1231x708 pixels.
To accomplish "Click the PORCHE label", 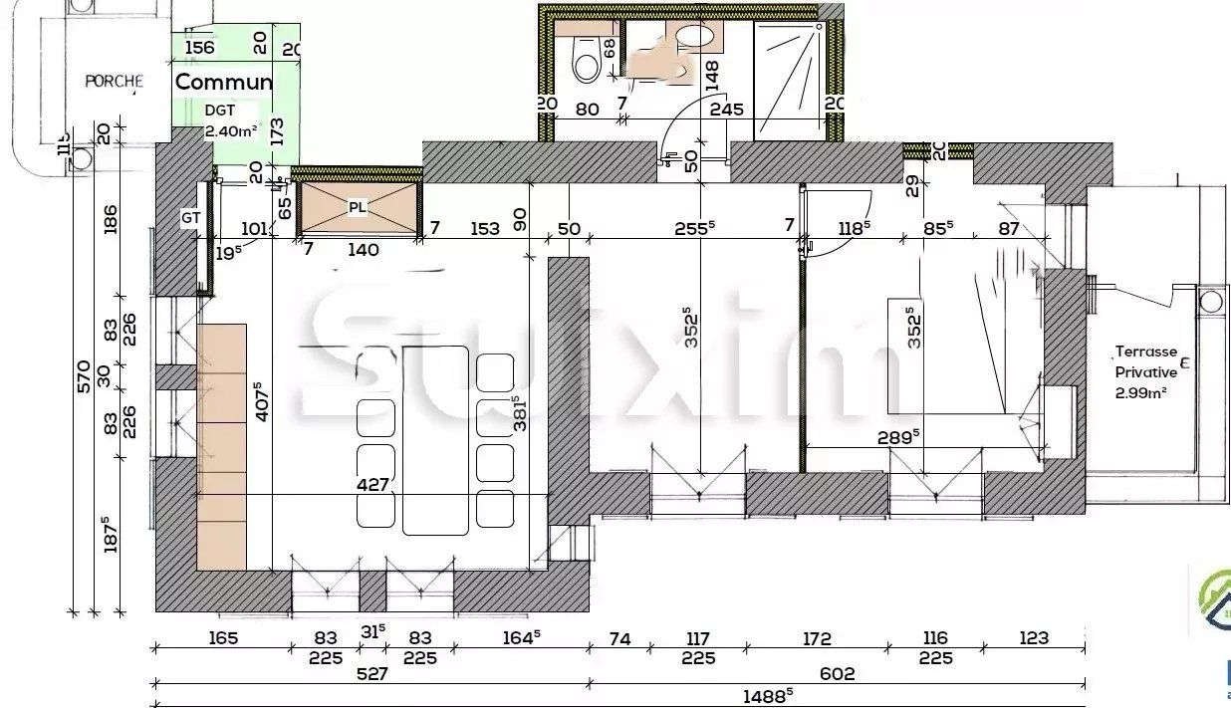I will pos(114,82).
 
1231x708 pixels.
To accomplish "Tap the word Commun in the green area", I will pos(224,82).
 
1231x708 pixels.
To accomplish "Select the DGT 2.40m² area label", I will pos(231,120).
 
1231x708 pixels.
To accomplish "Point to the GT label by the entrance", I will pos(191,217).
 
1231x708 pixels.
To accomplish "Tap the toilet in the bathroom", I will pos(586,62).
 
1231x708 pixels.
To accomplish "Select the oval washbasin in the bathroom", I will pos(695,37).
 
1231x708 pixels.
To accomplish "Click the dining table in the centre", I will pos(435,439).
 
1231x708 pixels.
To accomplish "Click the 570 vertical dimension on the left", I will pos(84,375).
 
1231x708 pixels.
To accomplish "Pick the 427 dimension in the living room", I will pos(372,484).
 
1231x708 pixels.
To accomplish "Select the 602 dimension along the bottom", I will pos(837,674).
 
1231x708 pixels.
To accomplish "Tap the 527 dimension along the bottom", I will pos(371,674).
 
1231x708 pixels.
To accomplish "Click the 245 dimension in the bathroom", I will pos(727,111).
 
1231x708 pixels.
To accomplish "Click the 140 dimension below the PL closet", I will pos(363,250).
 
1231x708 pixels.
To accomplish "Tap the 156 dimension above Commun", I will pos(200,48).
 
